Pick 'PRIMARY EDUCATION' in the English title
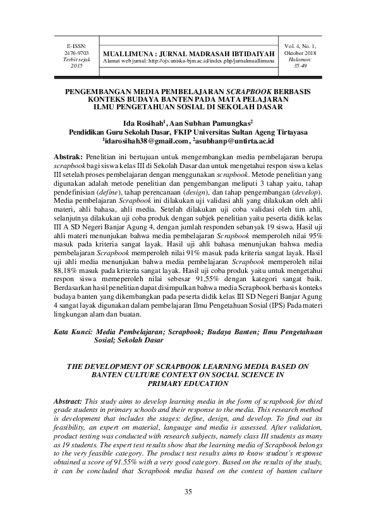coord(188,383)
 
